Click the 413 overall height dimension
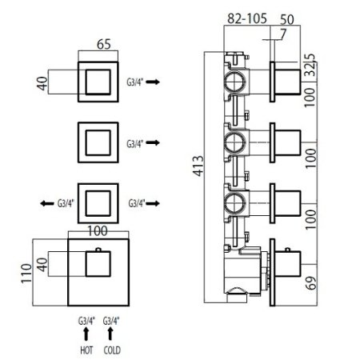pyautogui.click(x=198, y=166)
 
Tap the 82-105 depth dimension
pyautogui.click(x=247, y=18)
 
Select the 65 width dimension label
pyautogui.click(x=104, y=44)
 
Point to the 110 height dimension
pyautogui.click(x=27, y=273)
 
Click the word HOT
pyautogui.click(x=86, y=350)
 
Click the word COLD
pyautogui.click(x=112, y=350)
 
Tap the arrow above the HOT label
pyautogui.click(x=86, y=334)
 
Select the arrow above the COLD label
pyautogui.click(x=110, y=334)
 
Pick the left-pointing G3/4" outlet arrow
pyautogui.click(x=47, y=204)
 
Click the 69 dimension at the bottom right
pyautogui.click(x=311, y=283)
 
